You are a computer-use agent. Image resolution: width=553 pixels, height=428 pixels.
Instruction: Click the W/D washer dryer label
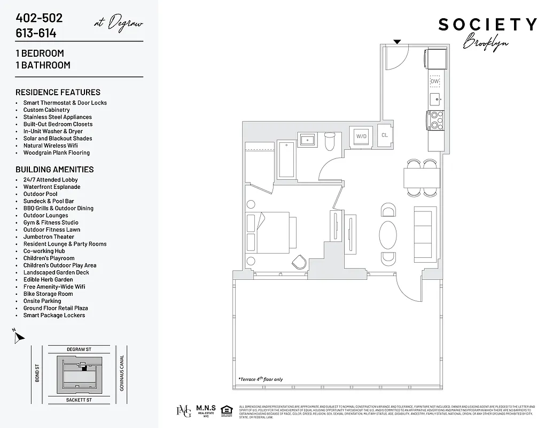(x=362, y=136)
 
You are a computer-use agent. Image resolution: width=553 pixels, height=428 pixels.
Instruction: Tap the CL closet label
(x=384, y=135)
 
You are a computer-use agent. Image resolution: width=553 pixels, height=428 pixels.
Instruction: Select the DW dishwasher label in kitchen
(x=435, y=81)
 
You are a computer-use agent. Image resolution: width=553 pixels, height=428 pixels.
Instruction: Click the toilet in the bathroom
(x=330, y=142)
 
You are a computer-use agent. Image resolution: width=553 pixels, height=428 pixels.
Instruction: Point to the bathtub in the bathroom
(x=286, y=159)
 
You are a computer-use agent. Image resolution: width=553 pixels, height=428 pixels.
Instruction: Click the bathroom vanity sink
(x=308, y=140)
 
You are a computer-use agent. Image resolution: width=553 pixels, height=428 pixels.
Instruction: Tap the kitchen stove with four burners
(x=435, y=120)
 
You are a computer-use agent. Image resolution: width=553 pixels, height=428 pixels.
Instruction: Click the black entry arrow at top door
(x=397, y=42)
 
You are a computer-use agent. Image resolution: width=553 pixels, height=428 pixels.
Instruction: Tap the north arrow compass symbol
(x=19, y=337)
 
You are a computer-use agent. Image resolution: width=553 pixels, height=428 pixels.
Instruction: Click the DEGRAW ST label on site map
(x=79, y=349)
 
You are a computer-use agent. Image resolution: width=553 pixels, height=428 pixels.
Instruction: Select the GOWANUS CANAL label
(x=122, y=373)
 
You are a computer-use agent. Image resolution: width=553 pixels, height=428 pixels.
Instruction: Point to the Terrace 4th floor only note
(x=261, y=379)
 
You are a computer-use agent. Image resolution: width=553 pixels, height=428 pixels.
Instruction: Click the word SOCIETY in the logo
(x=487, y=25)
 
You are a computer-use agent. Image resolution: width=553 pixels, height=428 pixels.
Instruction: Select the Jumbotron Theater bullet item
(x=49, y=236)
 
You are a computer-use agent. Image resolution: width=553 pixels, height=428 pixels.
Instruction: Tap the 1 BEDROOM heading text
(x=40, y=53)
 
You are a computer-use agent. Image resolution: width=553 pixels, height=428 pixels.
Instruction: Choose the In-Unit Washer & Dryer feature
(x=53, y=131)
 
